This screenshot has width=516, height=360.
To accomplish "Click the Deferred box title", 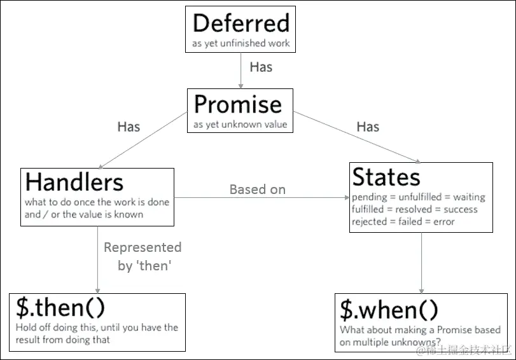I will pos(241,23).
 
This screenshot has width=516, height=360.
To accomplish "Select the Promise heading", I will pos(237,104).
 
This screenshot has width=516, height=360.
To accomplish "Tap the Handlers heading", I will pos(74,183).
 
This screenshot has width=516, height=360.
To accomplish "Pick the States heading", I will pos(386,177).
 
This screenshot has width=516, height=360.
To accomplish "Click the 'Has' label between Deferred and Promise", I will pos(261,67).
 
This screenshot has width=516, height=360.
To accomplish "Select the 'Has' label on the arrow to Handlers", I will pos(129,127).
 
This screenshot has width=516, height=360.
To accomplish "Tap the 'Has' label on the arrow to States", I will pos(368,127).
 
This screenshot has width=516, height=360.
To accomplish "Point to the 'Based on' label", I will pos(257,190).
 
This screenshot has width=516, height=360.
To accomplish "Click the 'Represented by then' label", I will pos(143,256).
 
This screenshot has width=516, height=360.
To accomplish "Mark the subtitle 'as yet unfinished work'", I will pos(241,44).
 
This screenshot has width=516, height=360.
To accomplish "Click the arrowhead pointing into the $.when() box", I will pos(421,290).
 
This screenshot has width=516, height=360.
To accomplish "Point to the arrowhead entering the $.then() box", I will pos(97,290).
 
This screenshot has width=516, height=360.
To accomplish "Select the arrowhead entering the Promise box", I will pos(241,85).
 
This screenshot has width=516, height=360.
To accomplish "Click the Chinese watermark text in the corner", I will pos(464,350).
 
